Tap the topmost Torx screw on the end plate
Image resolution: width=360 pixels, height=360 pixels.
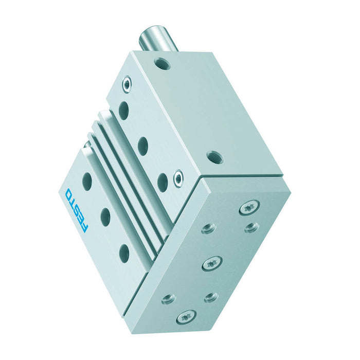click(249, 207)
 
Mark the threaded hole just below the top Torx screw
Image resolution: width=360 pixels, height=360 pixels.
click(251, 226)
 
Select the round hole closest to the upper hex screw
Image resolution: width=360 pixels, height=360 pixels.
click(124, 110)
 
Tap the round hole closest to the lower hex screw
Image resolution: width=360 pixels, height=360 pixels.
click(163, 182)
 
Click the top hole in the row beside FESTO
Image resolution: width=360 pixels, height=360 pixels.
click(87, 181)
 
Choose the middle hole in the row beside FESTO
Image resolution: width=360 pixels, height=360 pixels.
click(106, 217)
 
